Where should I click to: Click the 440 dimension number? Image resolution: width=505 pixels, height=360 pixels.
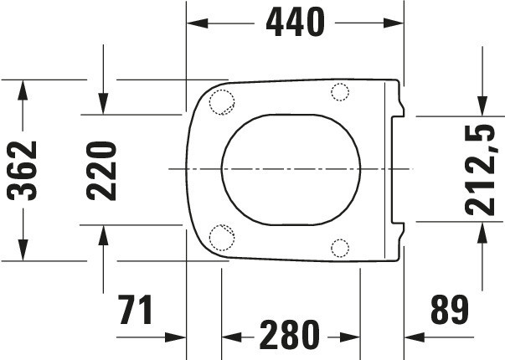tap(296, 23)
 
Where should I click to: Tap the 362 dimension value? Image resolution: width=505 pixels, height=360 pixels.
tap(22, 170)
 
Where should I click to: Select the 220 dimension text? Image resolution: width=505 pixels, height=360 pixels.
tap(101, 171)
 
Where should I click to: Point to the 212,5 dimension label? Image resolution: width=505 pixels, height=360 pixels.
tap(480, 170)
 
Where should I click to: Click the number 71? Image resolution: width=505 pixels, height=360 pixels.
tap(136, 310)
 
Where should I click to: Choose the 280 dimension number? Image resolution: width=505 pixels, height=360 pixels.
tap(290, 335)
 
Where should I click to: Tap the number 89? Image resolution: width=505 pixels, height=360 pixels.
tap(450, 310)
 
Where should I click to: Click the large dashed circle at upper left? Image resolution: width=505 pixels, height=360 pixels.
tap(222, 102)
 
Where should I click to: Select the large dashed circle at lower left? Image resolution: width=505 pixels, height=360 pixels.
tap(222, 238)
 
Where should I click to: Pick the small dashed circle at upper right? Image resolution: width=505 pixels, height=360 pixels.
tap(340, 92)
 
